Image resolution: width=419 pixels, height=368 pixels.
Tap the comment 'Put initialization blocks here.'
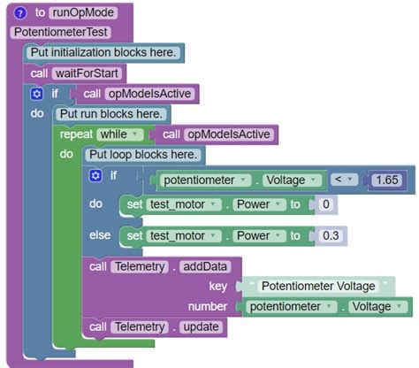pyautogui.click(x=103, y=52)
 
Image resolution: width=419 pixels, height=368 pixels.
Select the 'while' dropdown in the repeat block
pyautogui.click(x=121, y=134)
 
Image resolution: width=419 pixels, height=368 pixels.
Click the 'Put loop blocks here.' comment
pyautogui.click(x=144, y=154)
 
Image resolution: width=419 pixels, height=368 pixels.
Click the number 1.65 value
pyautogui.click(x=387, y=180)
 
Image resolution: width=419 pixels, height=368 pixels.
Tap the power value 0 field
pyautogui.click(x=325, y=205)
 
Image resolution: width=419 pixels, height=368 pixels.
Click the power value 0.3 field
pyautogui.click(x=331, y=235)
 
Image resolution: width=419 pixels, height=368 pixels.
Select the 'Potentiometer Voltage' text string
pyautogui.click(x=319, y=286)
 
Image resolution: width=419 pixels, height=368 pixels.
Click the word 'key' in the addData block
pyautogui.click(x=217, y=286)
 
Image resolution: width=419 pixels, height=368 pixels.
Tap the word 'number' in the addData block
pyautogui.click(x=209, y=306)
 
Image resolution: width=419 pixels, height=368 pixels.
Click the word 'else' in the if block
pyautogui.click(x=100, y=235)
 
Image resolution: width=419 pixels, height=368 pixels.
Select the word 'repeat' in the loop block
pyautogui.click(x=76, y=134)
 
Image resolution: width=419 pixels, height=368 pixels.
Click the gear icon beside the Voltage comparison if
pyautogui.click(x=96, y=175)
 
